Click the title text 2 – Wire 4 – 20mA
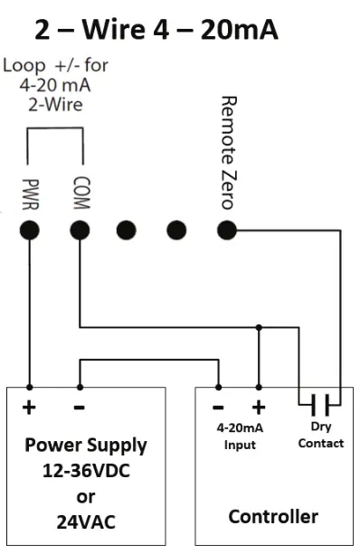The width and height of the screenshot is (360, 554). (x=156, y=31)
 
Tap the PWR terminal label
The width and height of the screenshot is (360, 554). (x=30, y=192)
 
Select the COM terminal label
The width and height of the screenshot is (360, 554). (x=80, y=192)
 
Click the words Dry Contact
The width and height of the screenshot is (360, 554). (x=321, y=437)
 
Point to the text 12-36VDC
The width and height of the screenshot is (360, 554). (x=86, y=471)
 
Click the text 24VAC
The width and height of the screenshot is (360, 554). (x=86, y=521)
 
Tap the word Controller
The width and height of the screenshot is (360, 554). (x=272, y=517)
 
